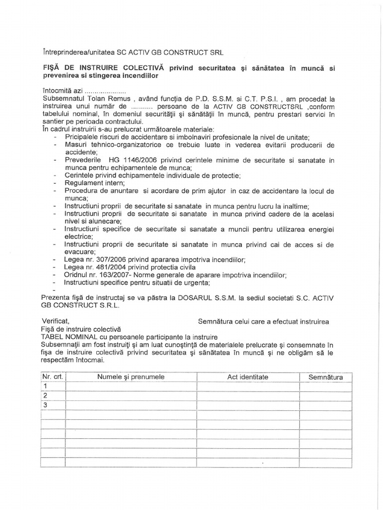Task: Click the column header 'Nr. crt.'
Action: tap(52, 377)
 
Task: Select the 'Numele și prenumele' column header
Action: tap(131, 377)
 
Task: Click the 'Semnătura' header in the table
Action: tap(326, 377)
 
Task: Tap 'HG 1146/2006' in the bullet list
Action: tap(127, 160)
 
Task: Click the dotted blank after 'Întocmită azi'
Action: tap(105, 91)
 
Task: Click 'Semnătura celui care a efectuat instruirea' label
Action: tap(263, 322)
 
